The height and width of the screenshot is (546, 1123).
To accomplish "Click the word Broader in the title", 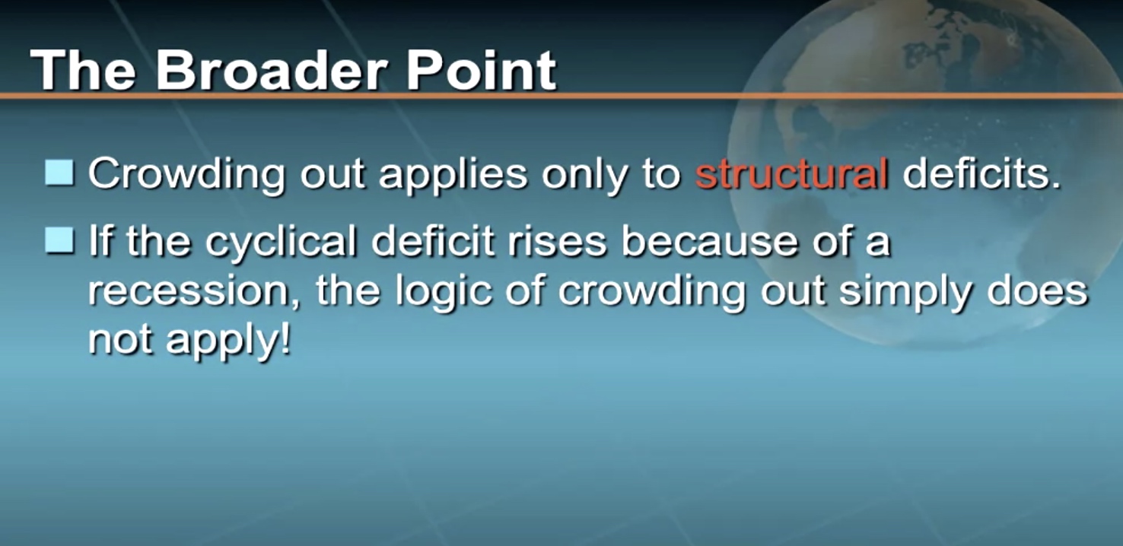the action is click(x=271, y=70).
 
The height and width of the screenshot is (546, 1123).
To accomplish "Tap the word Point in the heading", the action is click(x=480, y=70).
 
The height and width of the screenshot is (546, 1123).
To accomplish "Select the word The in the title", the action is click(x=83, y=70).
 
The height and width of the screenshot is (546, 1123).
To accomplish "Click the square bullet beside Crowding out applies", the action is click(x=59, y=173).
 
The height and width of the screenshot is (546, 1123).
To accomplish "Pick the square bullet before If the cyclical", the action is click(x=59, y=241).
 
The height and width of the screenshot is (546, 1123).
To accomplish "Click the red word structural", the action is click(x=791, y=173).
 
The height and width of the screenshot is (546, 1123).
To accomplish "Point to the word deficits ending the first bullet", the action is click(x=981, y=173).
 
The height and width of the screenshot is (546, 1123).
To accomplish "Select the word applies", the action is click(x=453, y=176).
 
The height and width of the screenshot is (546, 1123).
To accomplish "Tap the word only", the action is click(x=584, y=176).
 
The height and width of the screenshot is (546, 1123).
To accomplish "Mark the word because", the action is click(x=709, y=241).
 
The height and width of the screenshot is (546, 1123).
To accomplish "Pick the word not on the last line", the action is click(x=120, y=341).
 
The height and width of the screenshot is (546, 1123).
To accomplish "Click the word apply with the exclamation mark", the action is click(x=228, y=343).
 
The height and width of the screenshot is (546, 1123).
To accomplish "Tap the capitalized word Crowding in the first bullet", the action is click(x=186, y=176).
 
